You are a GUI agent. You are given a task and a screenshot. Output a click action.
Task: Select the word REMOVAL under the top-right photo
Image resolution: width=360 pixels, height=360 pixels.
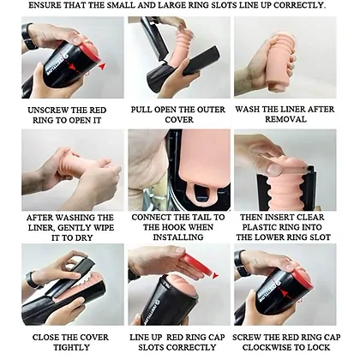pos(285,119)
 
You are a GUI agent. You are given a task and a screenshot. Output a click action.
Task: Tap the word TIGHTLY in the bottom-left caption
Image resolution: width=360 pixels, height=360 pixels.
pos(71,348)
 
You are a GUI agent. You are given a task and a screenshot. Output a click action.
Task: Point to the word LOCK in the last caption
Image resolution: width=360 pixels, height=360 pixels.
pos(320,348)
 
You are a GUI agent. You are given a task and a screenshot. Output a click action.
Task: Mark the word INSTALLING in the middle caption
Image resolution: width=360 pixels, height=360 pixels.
pos(178,237)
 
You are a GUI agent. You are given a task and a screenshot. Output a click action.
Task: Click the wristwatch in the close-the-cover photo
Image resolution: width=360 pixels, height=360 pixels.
pos(32,280)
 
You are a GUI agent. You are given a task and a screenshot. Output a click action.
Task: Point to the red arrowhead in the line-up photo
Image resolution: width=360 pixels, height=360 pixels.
pos(215,276)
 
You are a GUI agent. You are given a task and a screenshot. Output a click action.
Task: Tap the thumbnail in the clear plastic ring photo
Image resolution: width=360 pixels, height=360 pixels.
pos(274,169)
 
